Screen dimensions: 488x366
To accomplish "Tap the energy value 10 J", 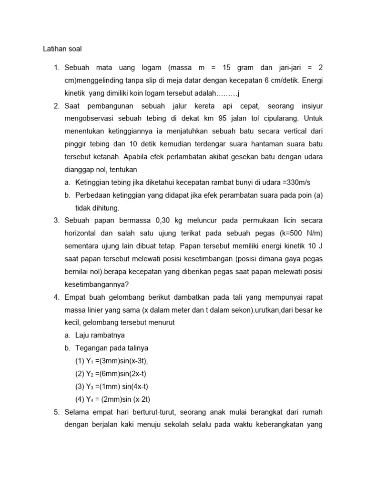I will [318, 246].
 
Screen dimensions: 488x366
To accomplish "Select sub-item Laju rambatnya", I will [100, 335].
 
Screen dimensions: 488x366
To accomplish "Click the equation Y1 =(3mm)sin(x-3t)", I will [114, 361].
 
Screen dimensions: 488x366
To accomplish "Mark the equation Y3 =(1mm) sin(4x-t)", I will [114, 386].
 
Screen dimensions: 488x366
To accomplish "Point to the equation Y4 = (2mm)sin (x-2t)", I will [116, 399].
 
